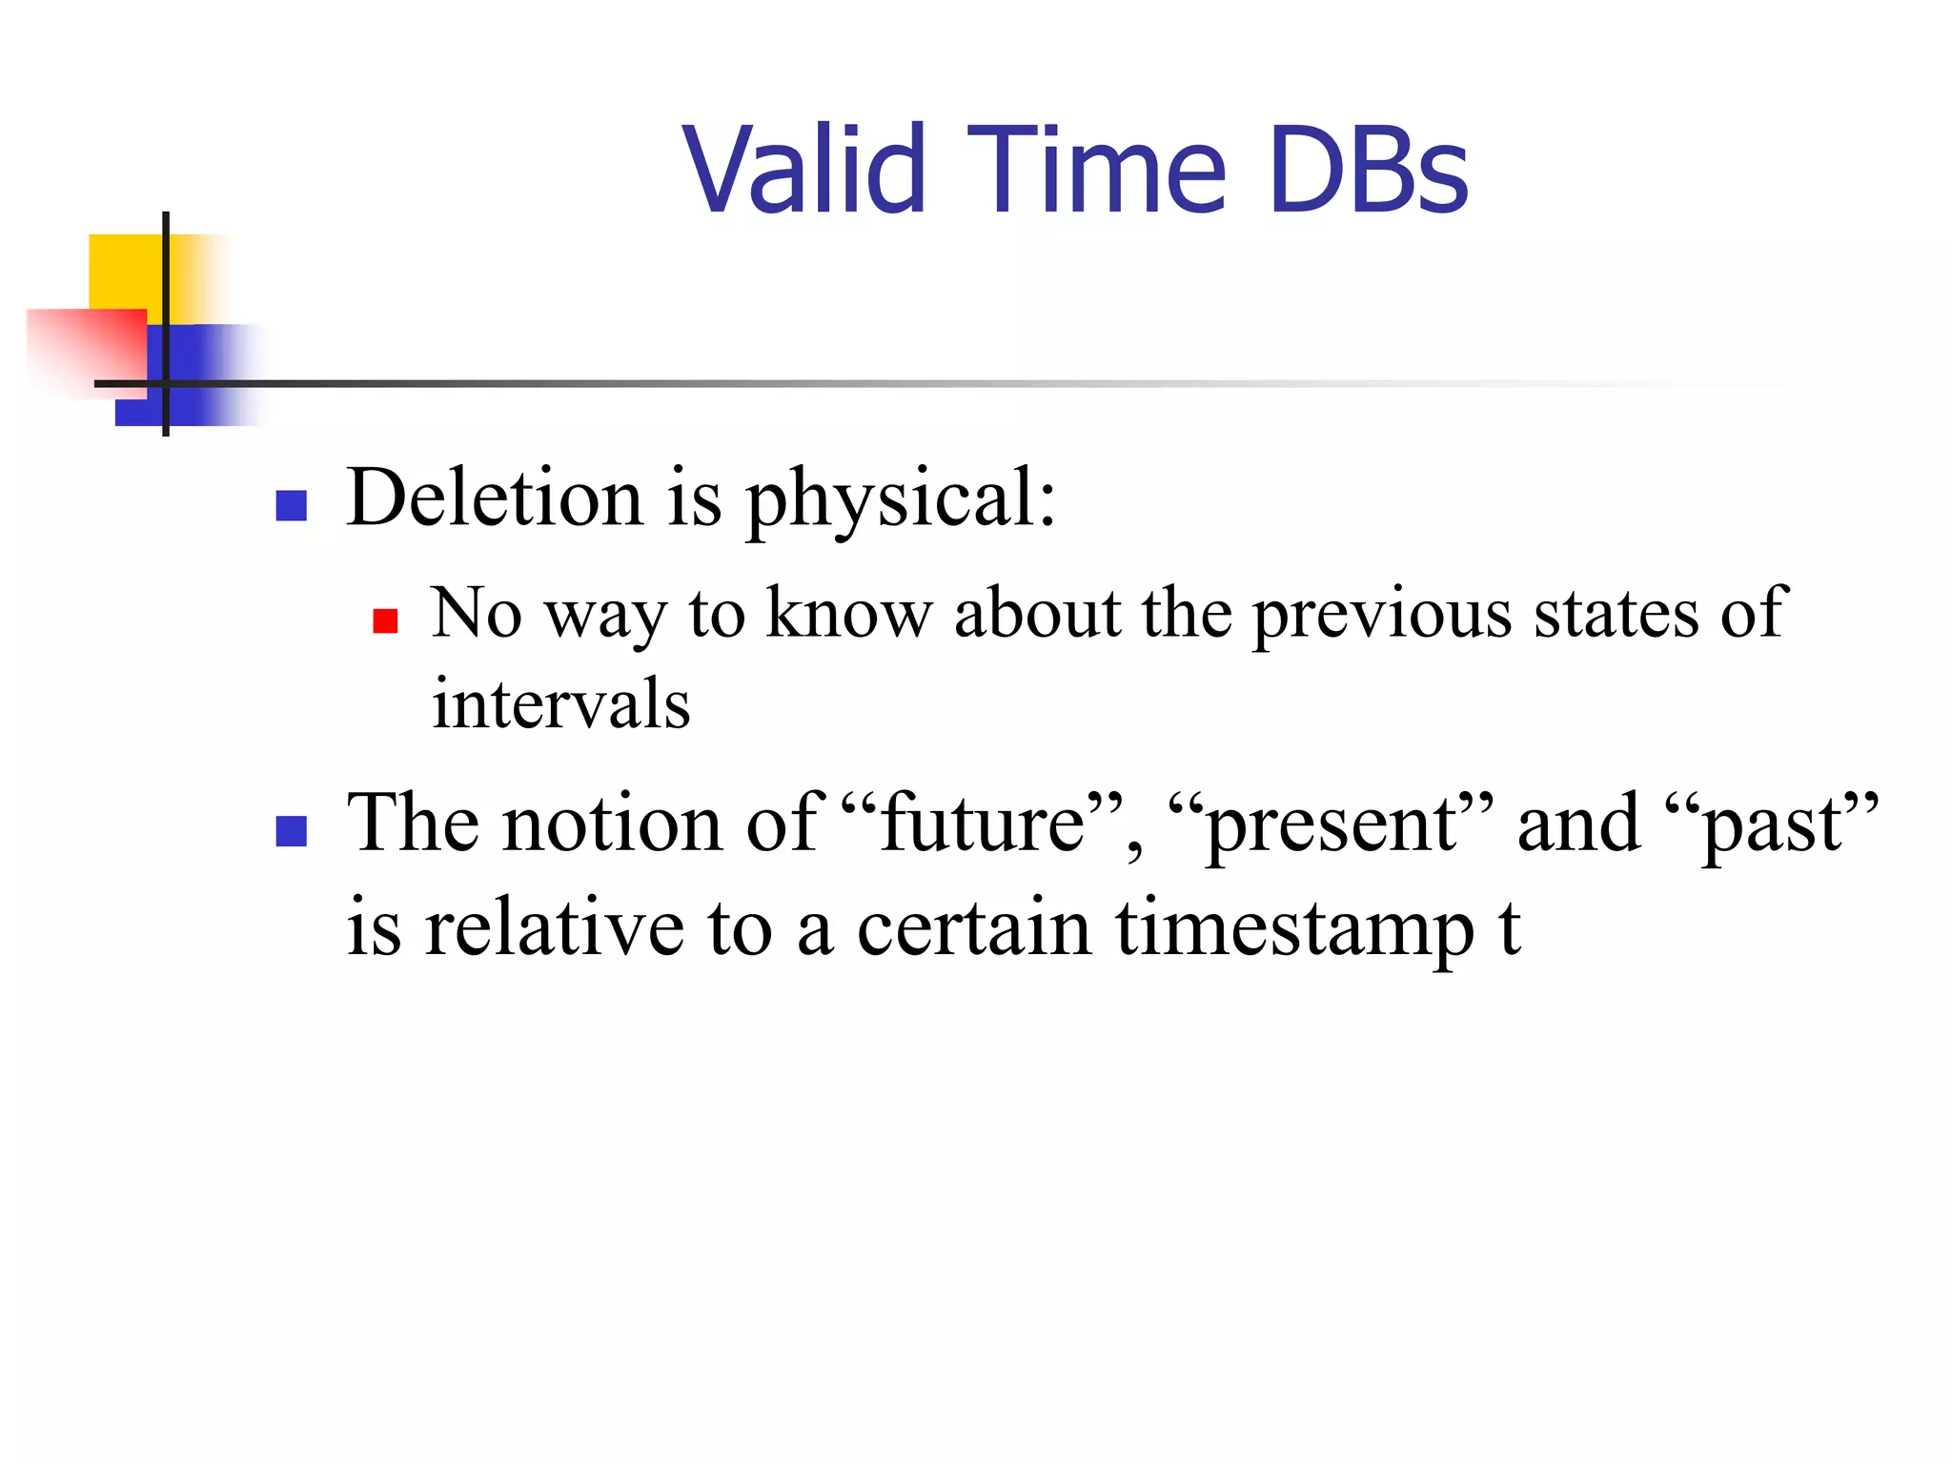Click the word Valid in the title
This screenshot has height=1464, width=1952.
click(x=803, y=170)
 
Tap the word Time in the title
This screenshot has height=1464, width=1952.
click(x=1096, y=170)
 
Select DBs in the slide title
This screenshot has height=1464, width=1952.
click(x=1369, y=170)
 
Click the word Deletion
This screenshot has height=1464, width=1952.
click(x=495, y=498)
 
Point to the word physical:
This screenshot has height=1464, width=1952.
click(x=900, y=499)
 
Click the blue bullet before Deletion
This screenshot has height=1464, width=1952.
click(x=291, y=505)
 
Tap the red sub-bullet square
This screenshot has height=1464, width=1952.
click(x=385, y=621)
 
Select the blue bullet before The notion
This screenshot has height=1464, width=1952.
click(x=291, y=831)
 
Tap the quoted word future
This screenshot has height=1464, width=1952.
click(x=983, y=823)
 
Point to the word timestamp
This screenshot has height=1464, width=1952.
click(x=1294, y=930)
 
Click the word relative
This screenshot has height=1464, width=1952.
click(x=554, y=928)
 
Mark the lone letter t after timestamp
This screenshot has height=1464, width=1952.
click(x=1509, y=928)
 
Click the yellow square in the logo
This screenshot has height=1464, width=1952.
click(x=124, y=271)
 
